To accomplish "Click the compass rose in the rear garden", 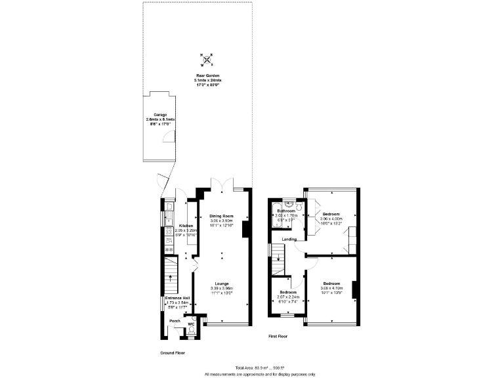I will coord(207,60).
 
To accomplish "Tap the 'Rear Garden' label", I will coord(207,76).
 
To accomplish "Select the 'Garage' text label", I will coord(161,114).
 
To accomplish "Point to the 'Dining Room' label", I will coord(221,216).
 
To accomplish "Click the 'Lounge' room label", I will coord(221,283).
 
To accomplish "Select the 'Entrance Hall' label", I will coord(177,297).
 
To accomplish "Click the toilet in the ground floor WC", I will coord(191,332).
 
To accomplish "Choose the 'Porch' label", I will coord(175,321).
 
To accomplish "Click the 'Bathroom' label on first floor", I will coord(287,210).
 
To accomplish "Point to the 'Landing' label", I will coord(289,240).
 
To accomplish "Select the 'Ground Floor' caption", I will coord(173,352).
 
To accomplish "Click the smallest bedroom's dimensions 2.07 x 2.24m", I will coord(288,297).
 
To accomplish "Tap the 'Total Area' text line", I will coord(259,367).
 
